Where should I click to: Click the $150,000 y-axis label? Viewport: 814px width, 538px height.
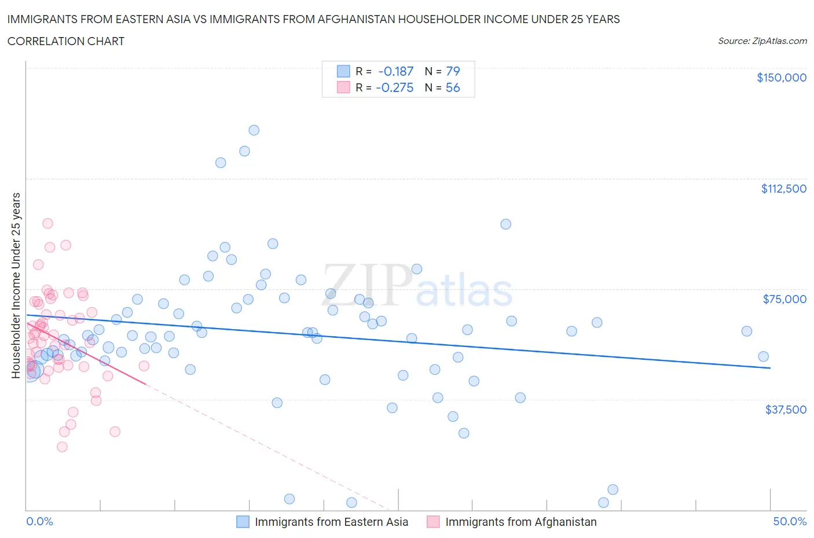(781, 78)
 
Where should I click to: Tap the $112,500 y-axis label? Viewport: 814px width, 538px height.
(783, 189)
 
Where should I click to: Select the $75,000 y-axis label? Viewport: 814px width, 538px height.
(784, 299)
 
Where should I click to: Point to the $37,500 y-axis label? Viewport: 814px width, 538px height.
(785, 410)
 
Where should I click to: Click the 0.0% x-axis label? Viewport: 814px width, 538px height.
(39, 521)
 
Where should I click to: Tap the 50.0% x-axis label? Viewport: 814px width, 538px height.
(790, 521)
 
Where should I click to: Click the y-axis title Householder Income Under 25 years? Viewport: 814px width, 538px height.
(16, 285)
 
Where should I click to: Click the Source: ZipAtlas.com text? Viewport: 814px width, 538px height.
(762, 41)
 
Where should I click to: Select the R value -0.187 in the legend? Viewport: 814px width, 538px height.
(395, 71)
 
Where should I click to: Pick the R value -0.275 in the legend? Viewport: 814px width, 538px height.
(394, 87)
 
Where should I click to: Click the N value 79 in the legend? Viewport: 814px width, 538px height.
(453, 71)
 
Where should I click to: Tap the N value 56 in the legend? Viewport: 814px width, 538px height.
(453, 87)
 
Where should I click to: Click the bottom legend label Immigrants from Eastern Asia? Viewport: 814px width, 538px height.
(331, 522)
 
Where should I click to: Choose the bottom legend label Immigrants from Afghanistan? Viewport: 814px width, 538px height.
(520, 522)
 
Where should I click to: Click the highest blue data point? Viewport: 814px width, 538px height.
(254, 130)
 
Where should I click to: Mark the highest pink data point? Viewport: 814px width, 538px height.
(47, 223)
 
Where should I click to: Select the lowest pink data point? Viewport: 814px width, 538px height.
(62, 447)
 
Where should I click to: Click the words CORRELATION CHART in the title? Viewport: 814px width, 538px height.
(66, 41)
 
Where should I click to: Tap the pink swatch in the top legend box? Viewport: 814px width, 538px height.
(343, 87)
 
